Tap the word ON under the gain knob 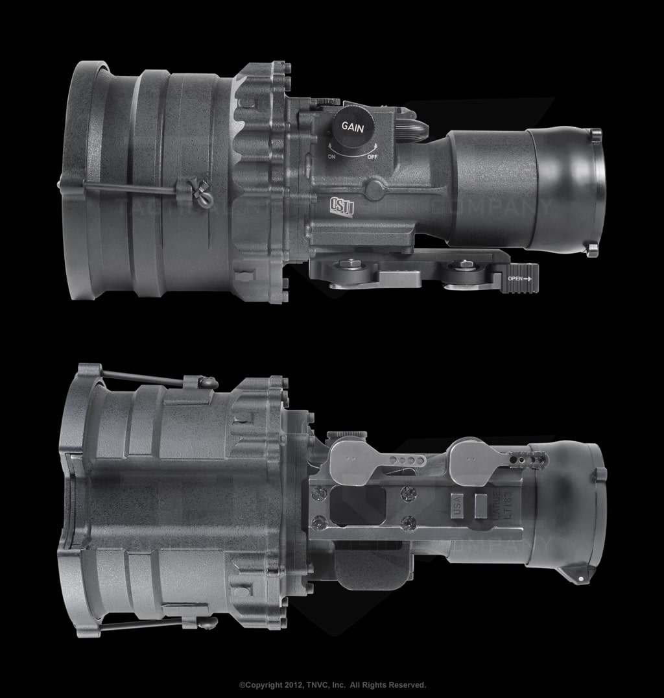[331, 157]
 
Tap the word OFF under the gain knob [372, 157]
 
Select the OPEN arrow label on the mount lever [519, 278]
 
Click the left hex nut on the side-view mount [351, 265]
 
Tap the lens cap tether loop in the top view [202, 193]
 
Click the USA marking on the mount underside [457, 505]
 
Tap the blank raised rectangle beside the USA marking [480, 505]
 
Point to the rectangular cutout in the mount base [357, 505]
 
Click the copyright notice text [332, 685]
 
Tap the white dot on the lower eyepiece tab [580, 578]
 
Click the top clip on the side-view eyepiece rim [595, 134]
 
